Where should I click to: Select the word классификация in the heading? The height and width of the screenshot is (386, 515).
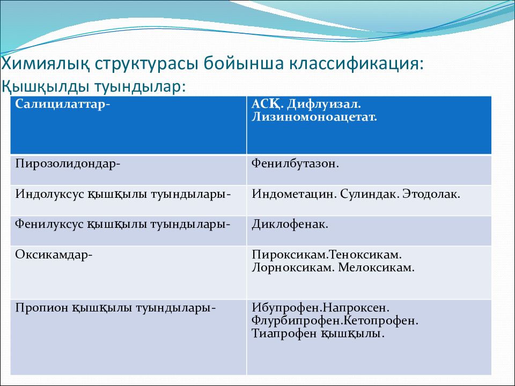[x=356, y=64]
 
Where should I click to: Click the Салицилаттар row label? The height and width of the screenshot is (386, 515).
[x=62, y=105]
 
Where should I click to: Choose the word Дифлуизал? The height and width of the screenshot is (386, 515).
[x=323, y=105]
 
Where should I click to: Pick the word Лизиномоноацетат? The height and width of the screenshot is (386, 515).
[x=314, y=117]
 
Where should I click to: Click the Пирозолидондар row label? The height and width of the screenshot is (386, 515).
[x=68, y=164]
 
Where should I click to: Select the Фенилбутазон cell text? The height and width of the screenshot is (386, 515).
[x=295, y=164]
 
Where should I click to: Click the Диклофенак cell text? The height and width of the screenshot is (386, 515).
[x=290, y=224]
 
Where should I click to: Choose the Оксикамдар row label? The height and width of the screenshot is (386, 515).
[x=54, y=255]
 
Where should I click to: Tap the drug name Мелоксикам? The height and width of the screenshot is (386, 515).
[x=377, y=268]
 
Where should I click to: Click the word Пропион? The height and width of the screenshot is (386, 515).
[x=41, y=308]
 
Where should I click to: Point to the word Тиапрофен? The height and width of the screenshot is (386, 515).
[x=284, y=333]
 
